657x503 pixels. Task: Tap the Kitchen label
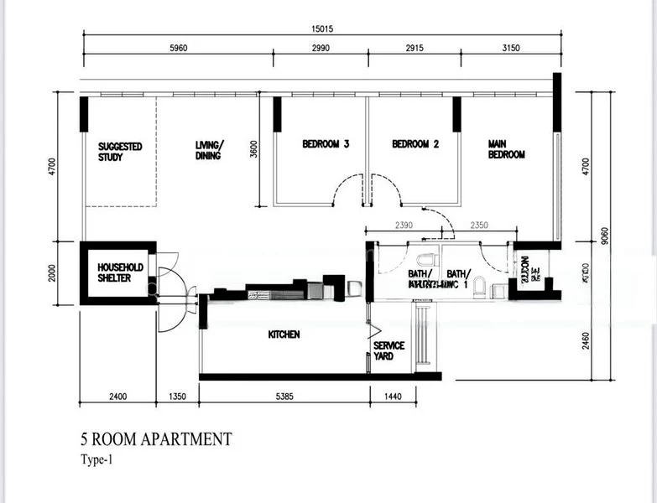pyautogui.click(x=284, y=334)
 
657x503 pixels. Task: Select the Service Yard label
pyautogui.click(x=388, y=350)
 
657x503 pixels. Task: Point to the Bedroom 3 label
pyautogui.click(x=326, y=144)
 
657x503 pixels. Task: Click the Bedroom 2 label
pyautogui.click(x=415, y=144)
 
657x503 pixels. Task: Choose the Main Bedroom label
pyautogui.click(x=507, y=149)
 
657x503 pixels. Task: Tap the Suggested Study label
pyautogui.click(x=120, y=152)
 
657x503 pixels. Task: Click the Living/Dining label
pyautogui.click(x=210, y=150)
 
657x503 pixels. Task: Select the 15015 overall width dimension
pyautogui.click(x=321, y=29)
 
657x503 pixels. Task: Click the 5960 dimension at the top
pyautogui.click(x=179, y=49)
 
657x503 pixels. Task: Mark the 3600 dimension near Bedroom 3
pyautogui.click(x=253, y=149)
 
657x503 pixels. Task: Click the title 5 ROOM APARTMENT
pyautogui.click(x=155, y=438)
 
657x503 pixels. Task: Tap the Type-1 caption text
pyautogui.click(x=97, y=459)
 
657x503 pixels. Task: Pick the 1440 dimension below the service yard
pyautogui.click(x=393, y=396)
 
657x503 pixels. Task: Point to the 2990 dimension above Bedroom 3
pyautogui.click(x=321, y=49)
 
